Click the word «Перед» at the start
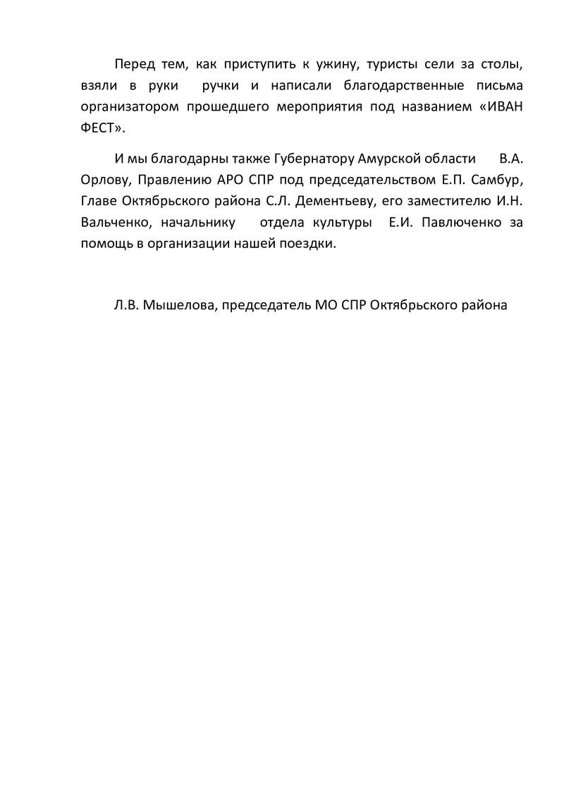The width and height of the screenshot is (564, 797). tap(134, 66)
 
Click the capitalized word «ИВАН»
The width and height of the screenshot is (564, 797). tap(503, 108)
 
